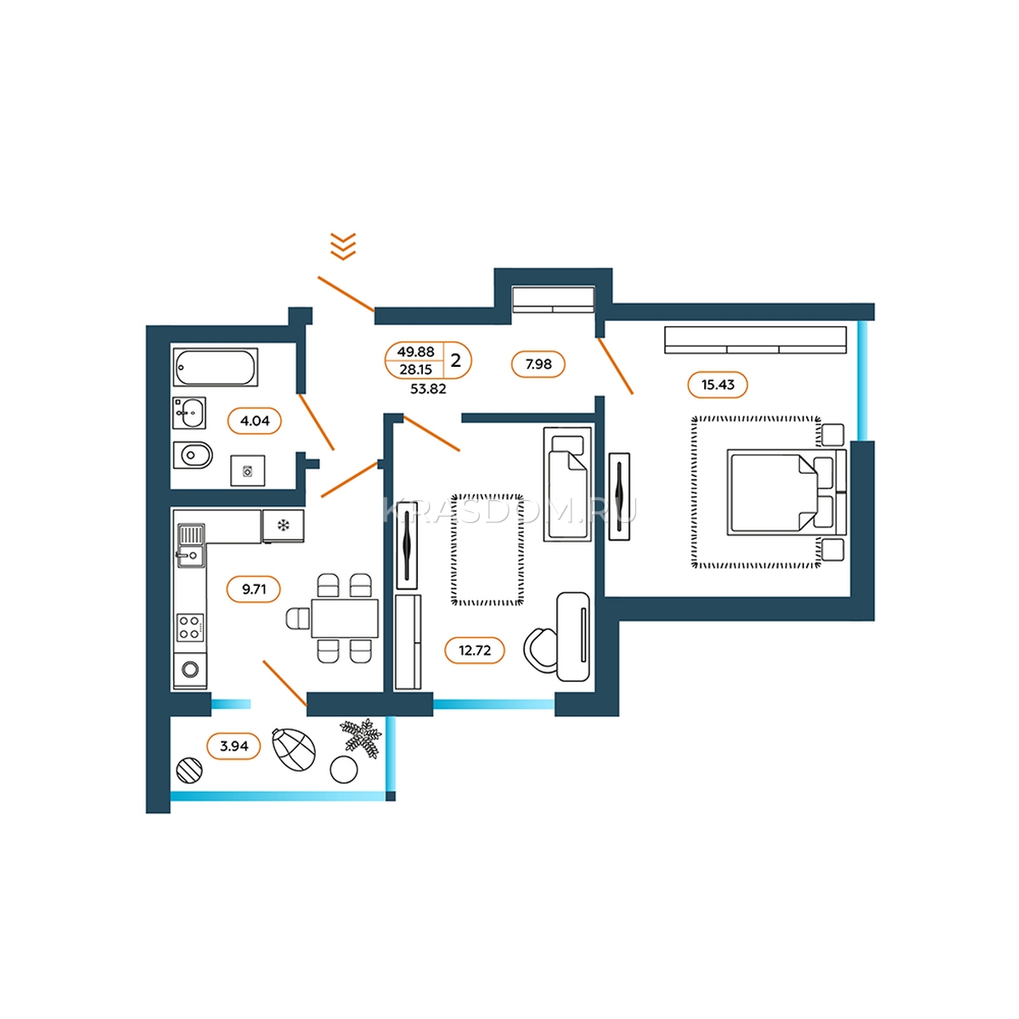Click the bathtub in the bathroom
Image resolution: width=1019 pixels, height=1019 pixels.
[x=215, y=367]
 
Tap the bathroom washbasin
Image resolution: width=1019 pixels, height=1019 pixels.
[x=189, y=413]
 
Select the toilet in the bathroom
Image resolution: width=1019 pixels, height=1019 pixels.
[x=193, y=455]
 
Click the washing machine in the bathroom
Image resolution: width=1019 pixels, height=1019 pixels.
[x=247, y=470]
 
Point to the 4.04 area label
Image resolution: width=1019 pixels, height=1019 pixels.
[x=255, y=421]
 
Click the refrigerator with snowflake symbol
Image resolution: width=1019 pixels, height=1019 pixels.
[x=284, y=526]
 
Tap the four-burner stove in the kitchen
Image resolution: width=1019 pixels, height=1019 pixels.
[x=190, y=628]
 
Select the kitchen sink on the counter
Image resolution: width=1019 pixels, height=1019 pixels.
[x=190, y=546]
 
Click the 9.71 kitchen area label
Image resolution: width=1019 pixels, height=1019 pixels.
[x=253, y=589]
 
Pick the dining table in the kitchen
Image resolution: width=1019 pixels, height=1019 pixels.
[x=345, y=618]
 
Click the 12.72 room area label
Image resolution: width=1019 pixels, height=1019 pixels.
[x=475, y=650]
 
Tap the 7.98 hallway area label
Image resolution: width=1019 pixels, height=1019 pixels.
[x=538, y=364]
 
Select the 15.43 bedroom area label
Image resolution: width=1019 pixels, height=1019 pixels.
[x=718, y=385]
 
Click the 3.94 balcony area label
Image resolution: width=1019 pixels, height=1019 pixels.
[x=234, y=746]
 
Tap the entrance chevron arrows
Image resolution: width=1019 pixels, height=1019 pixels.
[x=343, y=246]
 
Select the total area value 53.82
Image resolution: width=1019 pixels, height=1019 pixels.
[x=428, y=389]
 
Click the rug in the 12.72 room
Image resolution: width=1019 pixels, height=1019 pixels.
[x=487, y=550]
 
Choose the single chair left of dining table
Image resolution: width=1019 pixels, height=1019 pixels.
[x=298, y=618]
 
